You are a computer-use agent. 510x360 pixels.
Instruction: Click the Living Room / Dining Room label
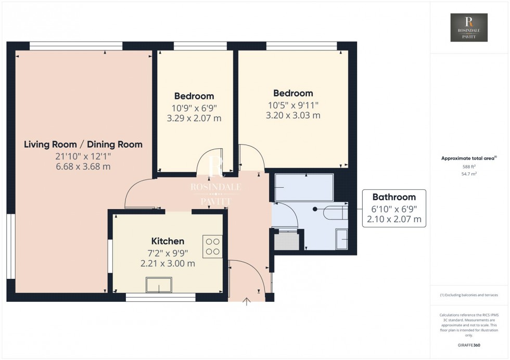click(83, 144)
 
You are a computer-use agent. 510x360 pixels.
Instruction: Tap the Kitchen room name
click(168, 241)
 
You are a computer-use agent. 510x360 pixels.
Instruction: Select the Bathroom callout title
click(394, 197)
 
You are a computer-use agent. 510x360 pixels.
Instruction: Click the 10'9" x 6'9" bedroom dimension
click(194, 108)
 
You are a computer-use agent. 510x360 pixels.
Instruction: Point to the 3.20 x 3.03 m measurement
click(293, 115)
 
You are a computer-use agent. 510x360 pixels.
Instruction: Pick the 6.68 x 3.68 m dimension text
click(83, 166)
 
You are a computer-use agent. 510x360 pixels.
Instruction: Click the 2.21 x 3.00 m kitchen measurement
click(168, 263)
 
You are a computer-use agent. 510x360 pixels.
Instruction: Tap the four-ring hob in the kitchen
click(212, 246)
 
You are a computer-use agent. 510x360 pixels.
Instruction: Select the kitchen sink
click(159, 285)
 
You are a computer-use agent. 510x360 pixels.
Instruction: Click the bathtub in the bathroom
click(303, 188)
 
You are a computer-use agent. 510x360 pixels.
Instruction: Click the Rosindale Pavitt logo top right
click(469, 28)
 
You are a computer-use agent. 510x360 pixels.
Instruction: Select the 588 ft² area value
click(469, 166)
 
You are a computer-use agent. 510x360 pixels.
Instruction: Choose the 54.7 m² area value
click(469, 174)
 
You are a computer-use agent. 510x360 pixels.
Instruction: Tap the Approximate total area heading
click(468, 158)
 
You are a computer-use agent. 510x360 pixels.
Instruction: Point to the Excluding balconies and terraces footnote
click(469, 295)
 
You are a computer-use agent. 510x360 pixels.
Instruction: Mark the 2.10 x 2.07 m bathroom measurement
click(394, 220)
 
